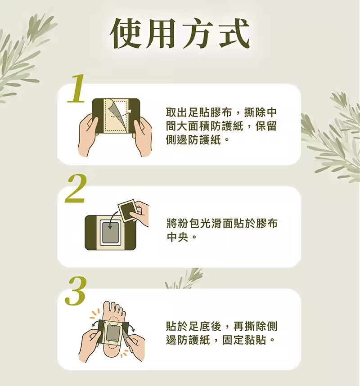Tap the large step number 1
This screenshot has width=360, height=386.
(x=76, y=89)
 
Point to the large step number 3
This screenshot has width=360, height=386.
(x=76, y=291)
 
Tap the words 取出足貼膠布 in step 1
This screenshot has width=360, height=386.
(x=199, y=113)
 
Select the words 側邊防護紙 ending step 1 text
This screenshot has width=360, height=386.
(x=193, y=140)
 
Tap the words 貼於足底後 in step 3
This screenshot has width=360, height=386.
(x=194, y=327)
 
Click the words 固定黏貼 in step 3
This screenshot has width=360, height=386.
(x=244, y=340)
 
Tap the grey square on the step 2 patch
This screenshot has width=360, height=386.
(x=110, y=232)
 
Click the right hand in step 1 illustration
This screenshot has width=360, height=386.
(x=142, y=137)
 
